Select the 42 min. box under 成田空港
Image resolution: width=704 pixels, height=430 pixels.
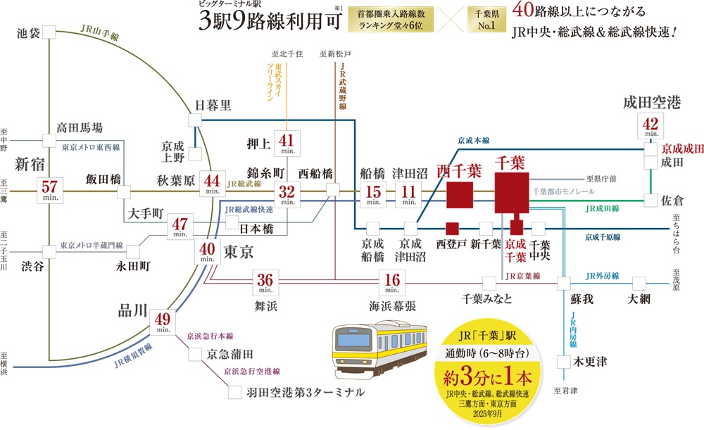pyautogui.click(x=649, y=126)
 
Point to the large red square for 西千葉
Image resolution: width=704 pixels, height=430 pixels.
pyautogui.click(x=460, y=195)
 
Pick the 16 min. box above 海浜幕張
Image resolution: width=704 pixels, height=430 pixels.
pyautogui.click(x=390, y=282)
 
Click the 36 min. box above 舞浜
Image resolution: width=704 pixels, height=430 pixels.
pyautogui.click(x=265, y=282)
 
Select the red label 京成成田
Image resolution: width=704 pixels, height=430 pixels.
pyautogui.click(x=682, y=149)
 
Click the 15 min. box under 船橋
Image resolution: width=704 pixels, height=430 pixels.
pyautogui.click(x=372, y=195)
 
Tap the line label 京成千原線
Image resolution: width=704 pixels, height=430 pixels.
pyautogui.click(x=603, y=238)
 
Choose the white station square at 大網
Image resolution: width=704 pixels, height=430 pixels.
pyautogui.click(x=639, y=283)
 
